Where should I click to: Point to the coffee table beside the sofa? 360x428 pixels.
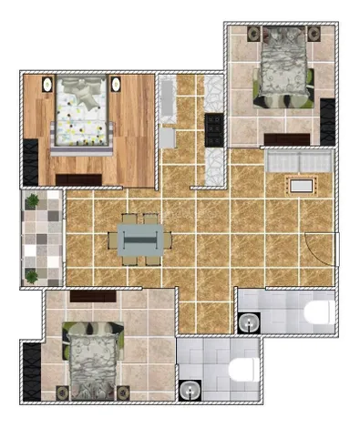pos(302,186)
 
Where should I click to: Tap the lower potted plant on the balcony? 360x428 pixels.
pos(33,275)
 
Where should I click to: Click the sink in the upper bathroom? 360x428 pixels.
pos(248,321)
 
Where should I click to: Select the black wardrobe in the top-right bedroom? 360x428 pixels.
pos(328,120)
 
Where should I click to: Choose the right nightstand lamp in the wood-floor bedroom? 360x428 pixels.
pos(117,85)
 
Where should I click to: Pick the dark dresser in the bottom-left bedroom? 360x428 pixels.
pos(93,296)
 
